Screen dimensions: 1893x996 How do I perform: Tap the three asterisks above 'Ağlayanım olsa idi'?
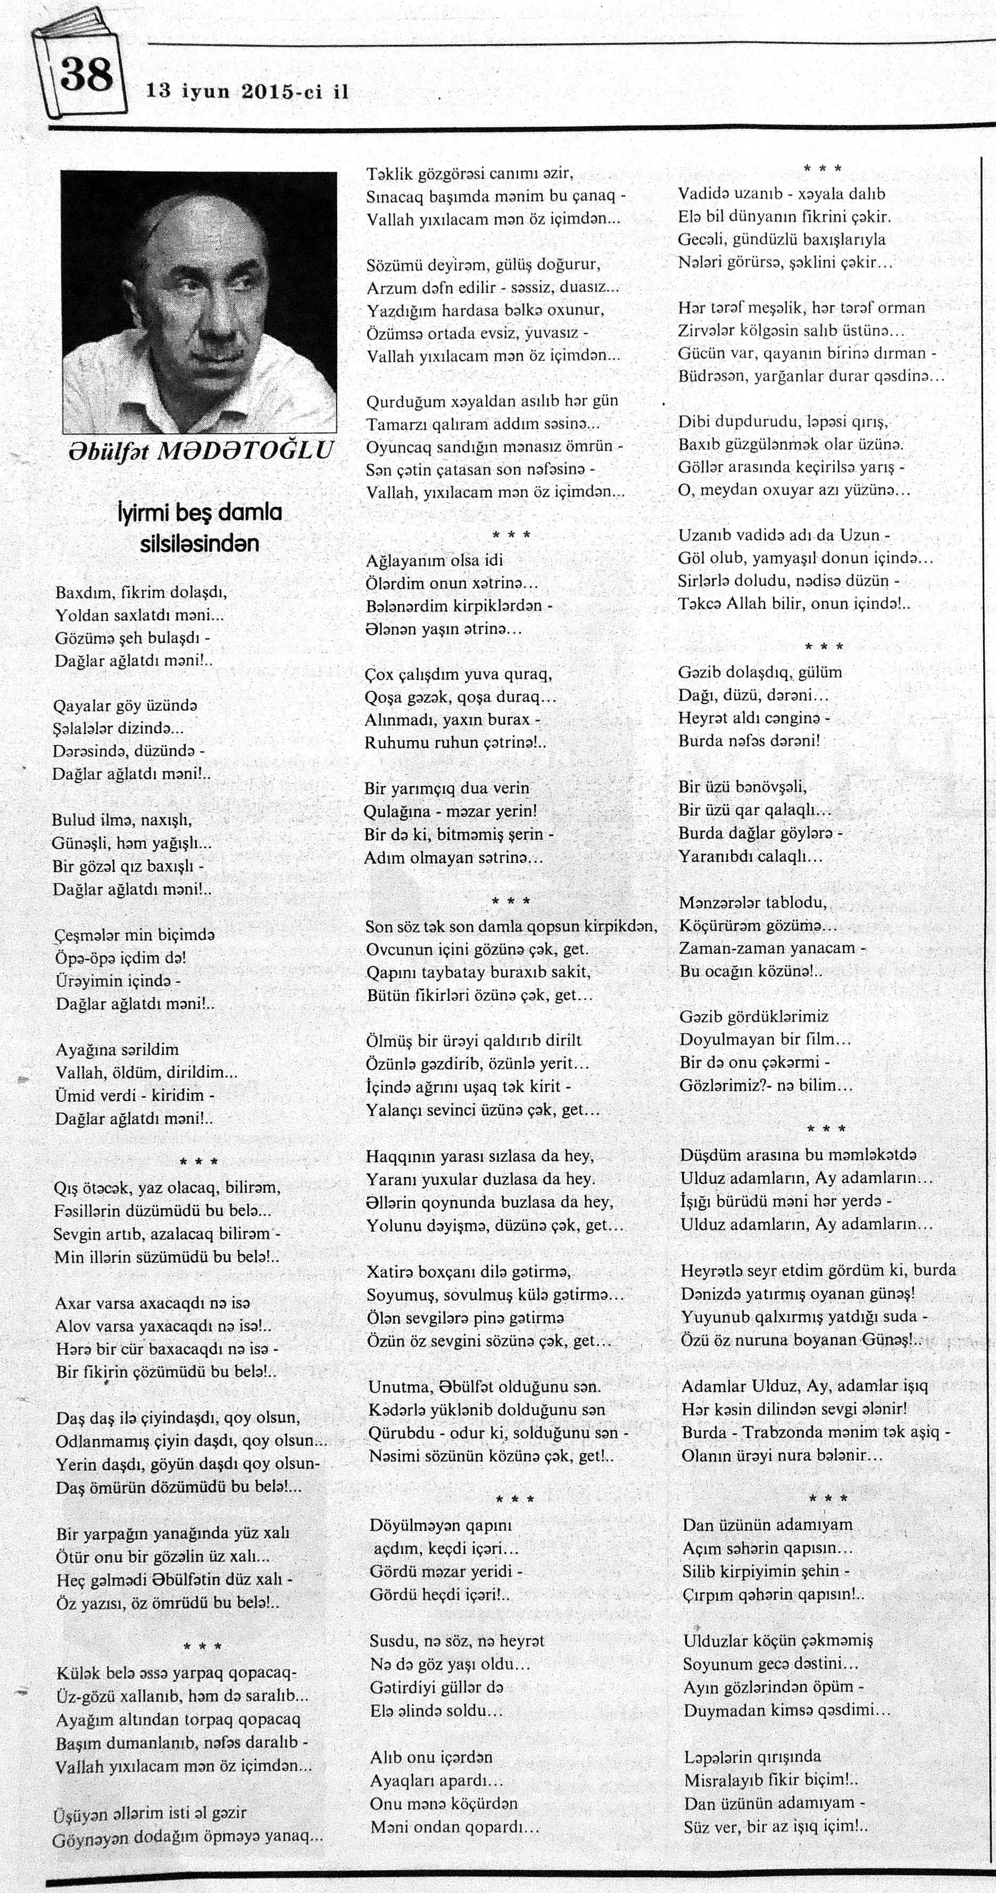510,535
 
